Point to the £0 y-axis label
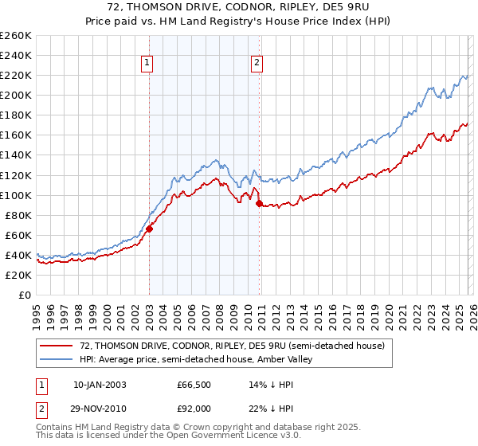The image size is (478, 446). [25, 295]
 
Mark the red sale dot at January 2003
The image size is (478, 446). [149, 229]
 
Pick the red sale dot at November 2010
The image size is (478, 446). [259, 203]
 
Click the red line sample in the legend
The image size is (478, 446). [57, 346]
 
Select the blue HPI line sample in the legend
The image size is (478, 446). [57, 360]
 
